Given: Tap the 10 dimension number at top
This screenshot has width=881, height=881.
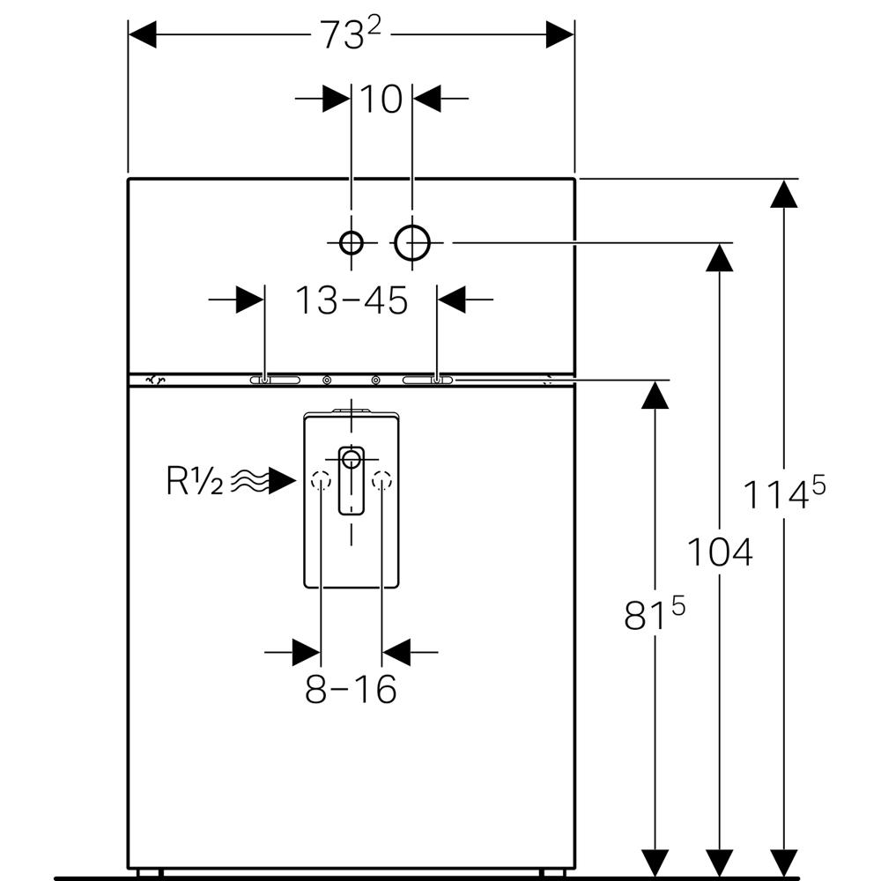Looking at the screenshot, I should pyautogui.click(x=381, y=100).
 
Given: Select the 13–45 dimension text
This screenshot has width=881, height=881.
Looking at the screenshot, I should pyautogui.click(x=352, y=301).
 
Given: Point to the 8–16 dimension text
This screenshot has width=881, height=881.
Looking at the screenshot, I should pyautogui.click(x=351, y=689).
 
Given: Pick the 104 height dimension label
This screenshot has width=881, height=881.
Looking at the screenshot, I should pyautogui.click(x=720, y=553).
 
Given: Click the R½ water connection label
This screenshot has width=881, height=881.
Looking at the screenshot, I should pyautogui.click(x=195, y=482).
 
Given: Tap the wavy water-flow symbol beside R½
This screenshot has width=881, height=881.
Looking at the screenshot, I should pyautogui.click(x=250, y=481).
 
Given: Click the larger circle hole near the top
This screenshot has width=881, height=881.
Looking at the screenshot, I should pyautogui.click(x=411, y=241).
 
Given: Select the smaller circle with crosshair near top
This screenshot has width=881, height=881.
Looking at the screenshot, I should pyautogui.click(x=352, y=241).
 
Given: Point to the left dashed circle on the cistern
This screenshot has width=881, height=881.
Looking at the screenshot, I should pyautogui.click(x=320, y=481).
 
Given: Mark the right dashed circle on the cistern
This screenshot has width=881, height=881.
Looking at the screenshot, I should pyautogui.click(x=381, y=481).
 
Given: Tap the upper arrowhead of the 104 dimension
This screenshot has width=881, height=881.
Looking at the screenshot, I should pyautogui.click(x=720, y=257).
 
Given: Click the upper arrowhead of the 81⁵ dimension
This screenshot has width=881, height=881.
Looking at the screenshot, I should pyautogui.click(x=653, y=396).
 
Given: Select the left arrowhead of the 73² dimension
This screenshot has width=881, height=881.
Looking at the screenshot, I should pyautogui.click(x=144, y=35).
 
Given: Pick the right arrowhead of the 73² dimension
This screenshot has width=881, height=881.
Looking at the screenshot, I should pyautogui.click(x=559, y=35).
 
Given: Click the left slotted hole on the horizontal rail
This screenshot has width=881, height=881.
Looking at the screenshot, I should pyautogui.click(x=275, y=381).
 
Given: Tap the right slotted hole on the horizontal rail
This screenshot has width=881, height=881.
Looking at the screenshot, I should pyautogui.click(x=428, y=381).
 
